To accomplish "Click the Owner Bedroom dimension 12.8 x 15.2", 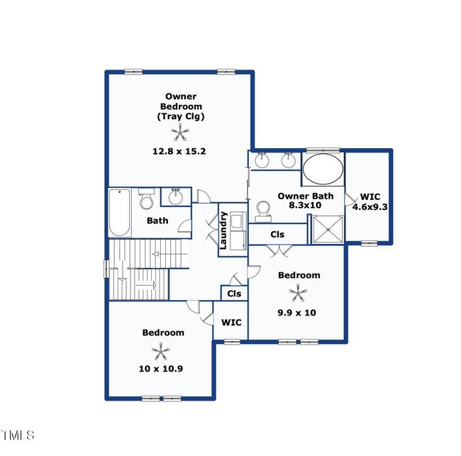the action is tap(179, 152).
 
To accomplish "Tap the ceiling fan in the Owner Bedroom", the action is tap(180, 133).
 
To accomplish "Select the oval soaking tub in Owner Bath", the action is tap(323, 169).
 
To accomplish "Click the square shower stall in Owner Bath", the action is tap(327, 229).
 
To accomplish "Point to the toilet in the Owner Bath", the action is tap(262, 211).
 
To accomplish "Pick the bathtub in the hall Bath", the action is tap(120, 213).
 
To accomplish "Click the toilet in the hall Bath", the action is tap(146, 199).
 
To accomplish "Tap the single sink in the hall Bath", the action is tap(176, 196).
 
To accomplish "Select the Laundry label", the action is tap(223, 230).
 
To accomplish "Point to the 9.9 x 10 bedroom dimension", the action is tap(296, 313).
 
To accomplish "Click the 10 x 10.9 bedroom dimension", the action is tap(161, 368).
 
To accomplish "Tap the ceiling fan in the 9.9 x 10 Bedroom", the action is tap(298, 292).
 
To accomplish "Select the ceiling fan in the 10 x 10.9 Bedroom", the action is tap(160, 351).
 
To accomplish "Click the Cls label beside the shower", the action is tap(277, 234).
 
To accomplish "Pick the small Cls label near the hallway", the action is tap(234, 294).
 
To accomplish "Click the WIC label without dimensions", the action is tap(231, 323).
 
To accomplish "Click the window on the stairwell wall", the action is tap(106, 269).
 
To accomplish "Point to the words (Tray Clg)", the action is tap(181, 116).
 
